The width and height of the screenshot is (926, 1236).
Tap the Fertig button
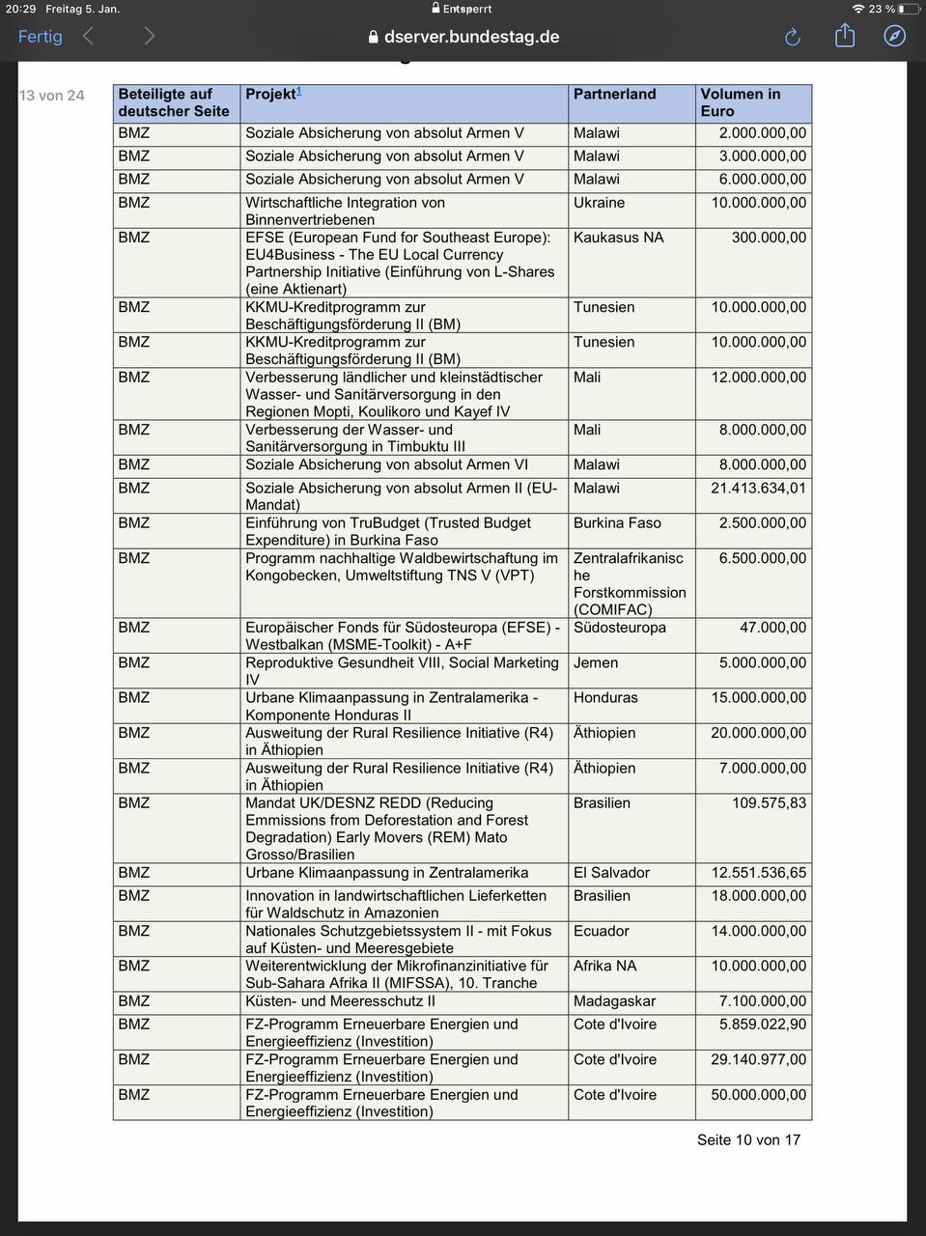pyautogui.click(x=40, y=37)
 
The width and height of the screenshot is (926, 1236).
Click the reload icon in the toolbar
pyautogui.click(x=793, y=37)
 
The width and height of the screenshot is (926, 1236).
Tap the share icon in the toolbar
pyautogui.click(x=845, y=36)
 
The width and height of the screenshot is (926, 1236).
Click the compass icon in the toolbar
pyautogui.click(x=895, y=36)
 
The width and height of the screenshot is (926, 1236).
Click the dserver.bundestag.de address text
pyautogui.click(x=471, y=37)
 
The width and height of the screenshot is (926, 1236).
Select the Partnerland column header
pyautogui.click(x=614, y=95)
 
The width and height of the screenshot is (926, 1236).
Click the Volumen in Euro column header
pyautogui.click(x=740, y=102)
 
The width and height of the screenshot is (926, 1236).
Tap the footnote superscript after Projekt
pyautogui.click(x=299, y=92)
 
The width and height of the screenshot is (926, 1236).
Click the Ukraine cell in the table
pyautogui.click(x=599, y=203)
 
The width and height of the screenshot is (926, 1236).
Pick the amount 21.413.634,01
pyautogui.click(x=758, y=489)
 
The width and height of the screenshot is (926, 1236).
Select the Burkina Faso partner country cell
pyautogui.click(x=617, y=523)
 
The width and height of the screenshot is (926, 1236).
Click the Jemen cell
pyautogui.click(x=595, y=663)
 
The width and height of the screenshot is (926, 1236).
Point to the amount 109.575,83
pyautogui.click(x=769, y=803)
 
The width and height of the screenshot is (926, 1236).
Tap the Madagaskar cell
pyautogui.click(x=614, y=1001)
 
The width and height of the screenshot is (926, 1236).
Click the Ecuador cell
pyautogui.click(x=601, y=931)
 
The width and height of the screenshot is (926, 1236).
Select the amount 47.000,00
pyautogui.click(x=772, y=628)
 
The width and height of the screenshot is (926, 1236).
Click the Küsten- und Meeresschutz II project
pyautogui.click(x=340, y=1001)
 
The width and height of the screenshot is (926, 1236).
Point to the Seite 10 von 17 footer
pyautogui.click(x=748, y=1139)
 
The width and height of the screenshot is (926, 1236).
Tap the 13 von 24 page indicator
pyautogui.click(x=52, y=96)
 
